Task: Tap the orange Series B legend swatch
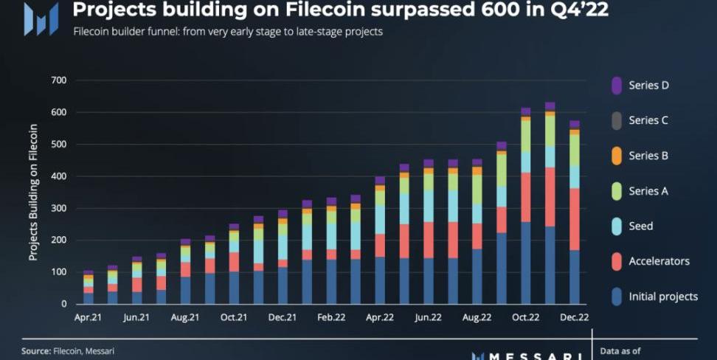[617, 156]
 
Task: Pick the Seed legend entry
[640, 226]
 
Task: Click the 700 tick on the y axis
[58, 80]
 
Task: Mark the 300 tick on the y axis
[58, 209]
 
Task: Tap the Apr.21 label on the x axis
[88, 318]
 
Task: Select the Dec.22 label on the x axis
[574, 318]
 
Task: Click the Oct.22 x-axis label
[525, 318]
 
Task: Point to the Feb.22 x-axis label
[330, 318]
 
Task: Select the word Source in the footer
[35, 351]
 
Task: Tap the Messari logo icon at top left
[41, 18]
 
